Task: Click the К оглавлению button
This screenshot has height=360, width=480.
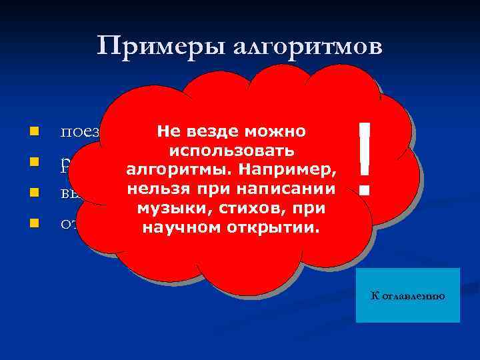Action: (x=408, y=295)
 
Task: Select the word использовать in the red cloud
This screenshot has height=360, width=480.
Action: (x=231, y=151)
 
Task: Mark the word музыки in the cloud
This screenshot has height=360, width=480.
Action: (x=167, y=209)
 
